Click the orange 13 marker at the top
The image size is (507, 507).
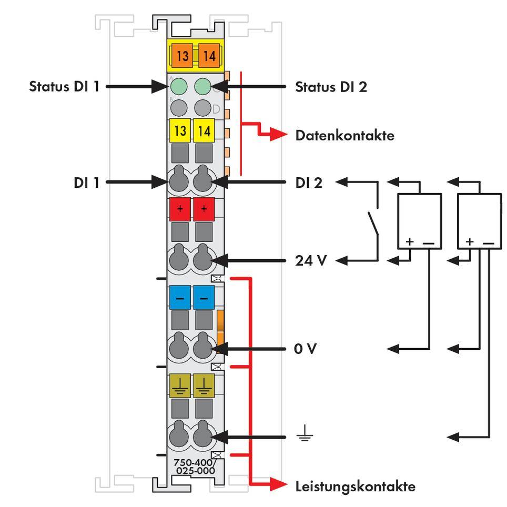pos(182,56)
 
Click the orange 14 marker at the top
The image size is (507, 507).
pos(209,56)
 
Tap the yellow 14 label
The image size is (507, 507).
pos(204,130)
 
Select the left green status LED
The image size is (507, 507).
pos(179,86)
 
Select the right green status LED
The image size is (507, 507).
pos(202,86)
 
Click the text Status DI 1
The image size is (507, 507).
pos(64,86)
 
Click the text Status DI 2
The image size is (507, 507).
pos(331,86)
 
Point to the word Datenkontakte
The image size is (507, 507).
pos(344,136)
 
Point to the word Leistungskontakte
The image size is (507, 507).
pos(355,486)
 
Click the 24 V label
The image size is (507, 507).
pos(311,260)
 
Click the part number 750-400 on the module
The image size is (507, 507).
pos(194,463)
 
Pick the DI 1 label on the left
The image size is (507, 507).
pos(86,182)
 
